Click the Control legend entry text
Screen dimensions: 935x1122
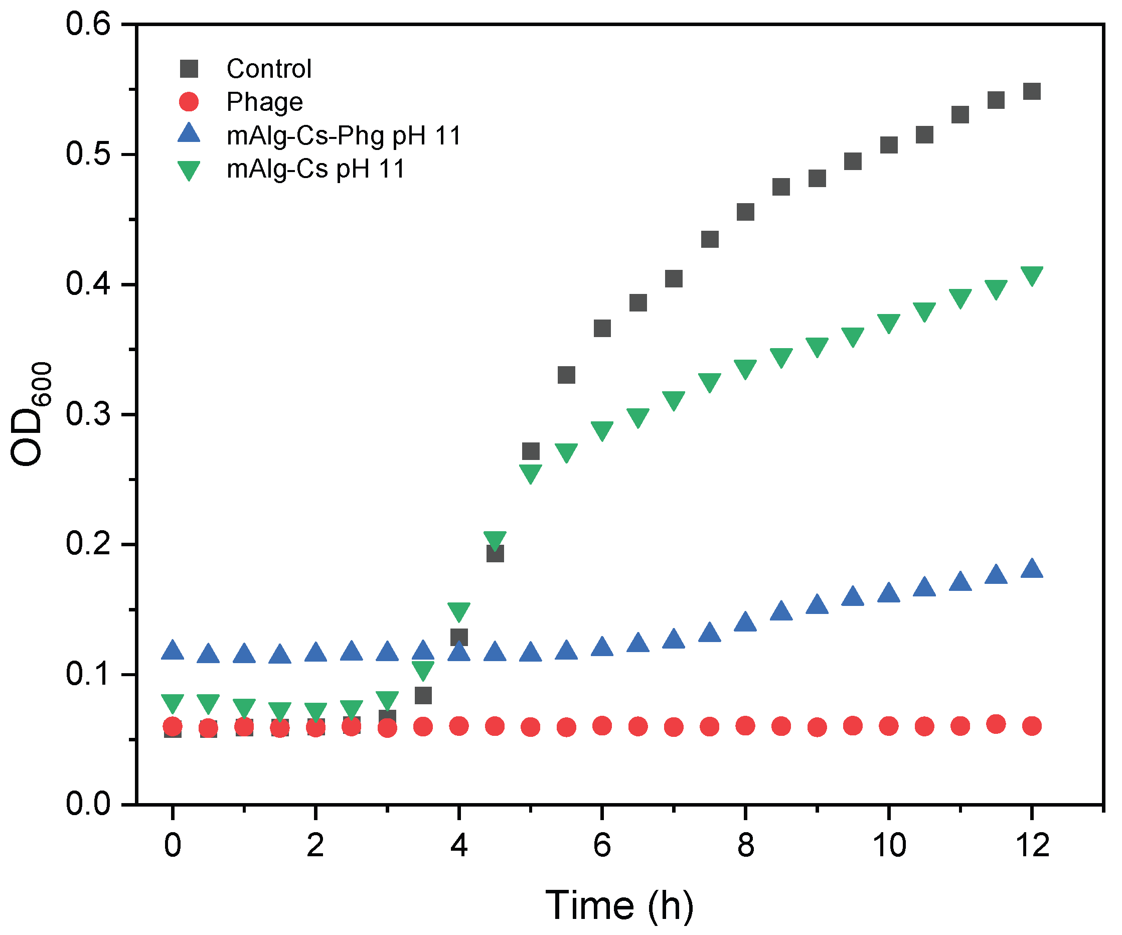tap(269, 69)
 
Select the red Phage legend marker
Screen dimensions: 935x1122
tap(189, 101)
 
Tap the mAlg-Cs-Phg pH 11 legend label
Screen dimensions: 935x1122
tap(344, 136)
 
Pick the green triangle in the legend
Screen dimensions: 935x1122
tap(189, 170)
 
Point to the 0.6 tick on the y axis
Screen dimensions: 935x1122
tap(88, 25)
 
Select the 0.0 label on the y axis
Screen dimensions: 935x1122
tap(88, 804)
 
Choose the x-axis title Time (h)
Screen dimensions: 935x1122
tap(619, 905)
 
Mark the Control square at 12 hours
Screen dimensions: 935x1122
tap(1032, 91)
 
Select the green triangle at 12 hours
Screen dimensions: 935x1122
tap(1032, 275)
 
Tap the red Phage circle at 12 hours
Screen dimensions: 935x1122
tap(1032, 725)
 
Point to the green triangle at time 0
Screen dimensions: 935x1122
tap(173, 703)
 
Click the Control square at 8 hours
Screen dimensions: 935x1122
tap(745, 212)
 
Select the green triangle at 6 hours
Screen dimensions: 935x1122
tap(602, 429)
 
